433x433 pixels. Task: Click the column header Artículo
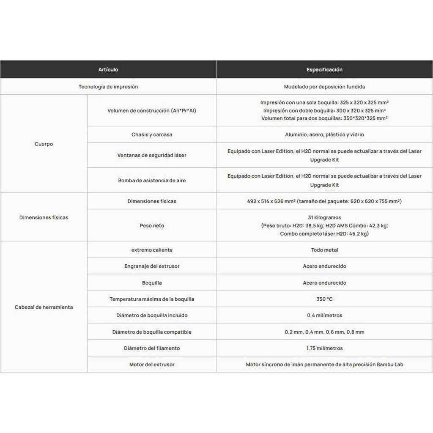108,69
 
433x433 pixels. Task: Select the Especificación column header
324,69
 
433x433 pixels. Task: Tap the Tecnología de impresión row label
108,87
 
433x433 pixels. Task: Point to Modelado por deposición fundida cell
324,87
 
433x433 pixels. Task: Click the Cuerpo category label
44,144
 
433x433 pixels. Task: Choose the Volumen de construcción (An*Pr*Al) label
152,111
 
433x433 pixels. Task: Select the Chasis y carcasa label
152,134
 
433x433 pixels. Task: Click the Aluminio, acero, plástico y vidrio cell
324,134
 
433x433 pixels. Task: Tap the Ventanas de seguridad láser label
152,155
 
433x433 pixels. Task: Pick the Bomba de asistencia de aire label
152,181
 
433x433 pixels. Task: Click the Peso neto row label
152,226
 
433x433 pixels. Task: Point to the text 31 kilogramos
324,218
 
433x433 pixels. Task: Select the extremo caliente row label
152,250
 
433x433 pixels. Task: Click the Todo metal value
324,250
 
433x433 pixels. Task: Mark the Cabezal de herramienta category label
44,307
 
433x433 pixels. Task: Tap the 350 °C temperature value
324,299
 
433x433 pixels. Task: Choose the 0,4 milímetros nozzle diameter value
324,315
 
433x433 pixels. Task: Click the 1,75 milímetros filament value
324,348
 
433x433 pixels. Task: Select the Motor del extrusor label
152,364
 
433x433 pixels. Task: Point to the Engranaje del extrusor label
152,266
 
